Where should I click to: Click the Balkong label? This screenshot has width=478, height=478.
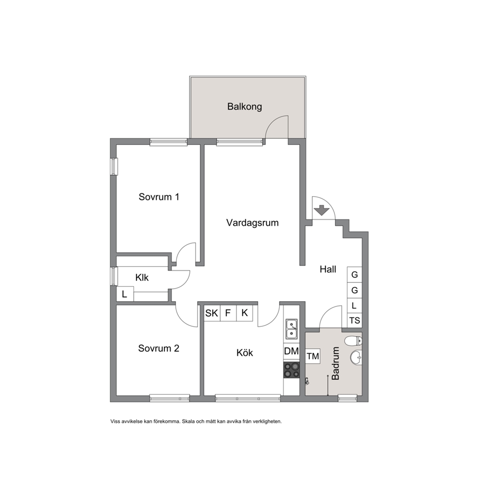tap(244, 106)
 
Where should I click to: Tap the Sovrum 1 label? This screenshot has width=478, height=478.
tap(159, 197)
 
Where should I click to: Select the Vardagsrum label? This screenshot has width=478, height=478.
tap(252, 223)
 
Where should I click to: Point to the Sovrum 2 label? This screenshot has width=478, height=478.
tap(159, 348)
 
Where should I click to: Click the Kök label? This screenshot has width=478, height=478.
tap(244, 353)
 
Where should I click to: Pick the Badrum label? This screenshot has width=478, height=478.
tap(335, 363)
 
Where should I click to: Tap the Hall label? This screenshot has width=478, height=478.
tap(328, 269)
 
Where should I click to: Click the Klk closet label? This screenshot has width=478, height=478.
tap(142, 278)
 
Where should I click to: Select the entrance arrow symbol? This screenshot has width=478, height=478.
tap(321, 211)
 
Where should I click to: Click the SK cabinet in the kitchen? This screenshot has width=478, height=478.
tap(212, 313)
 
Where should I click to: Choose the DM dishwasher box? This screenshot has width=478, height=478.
tap(291, 351)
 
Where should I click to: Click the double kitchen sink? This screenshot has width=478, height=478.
tap(292, 329)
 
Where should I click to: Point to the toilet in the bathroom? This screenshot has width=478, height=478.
tap(353, 341)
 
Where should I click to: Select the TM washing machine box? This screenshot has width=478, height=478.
tap(313, 356)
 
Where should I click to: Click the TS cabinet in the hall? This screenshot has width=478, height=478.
tap(355, 320)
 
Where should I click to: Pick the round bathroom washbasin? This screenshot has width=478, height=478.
tap(356, 357)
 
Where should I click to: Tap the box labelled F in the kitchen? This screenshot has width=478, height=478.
tap(228, 313)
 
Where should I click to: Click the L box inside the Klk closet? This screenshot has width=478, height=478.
tap(125, 294)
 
